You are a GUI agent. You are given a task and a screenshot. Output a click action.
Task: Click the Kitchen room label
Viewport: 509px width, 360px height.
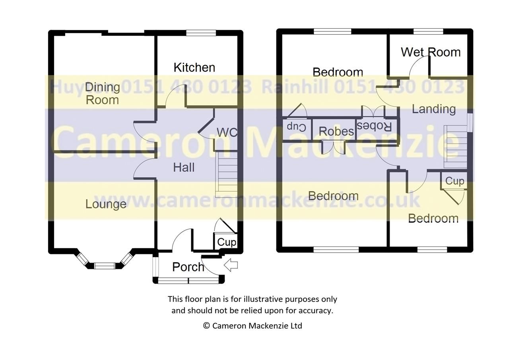point(194,68)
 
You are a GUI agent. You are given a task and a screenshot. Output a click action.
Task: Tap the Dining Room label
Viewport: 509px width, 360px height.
point(102,93)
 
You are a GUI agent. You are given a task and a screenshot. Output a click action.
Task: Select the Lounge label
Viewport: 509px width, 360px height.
point(106,204)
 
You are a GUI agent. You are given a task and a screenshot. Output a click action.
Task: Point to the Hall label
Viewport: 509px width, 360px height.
point(184,167)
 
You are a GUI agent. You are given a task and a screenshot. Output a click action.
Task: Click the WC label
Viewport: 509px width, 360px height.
point(227,132)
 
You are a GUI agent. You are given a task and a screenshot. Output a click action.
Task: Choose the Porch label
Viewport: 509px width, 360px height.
point(188,267)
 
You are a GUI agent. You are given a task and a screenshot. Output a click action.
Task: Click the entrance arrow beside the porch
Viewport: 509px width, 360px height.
point(231,265)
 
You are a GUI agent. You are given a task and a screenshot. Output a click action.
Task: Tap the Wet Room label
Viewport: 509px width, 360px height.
point(430,52)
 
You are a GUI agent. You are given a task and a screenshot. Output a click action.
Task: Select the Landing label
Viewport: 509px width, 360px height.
point(433,109)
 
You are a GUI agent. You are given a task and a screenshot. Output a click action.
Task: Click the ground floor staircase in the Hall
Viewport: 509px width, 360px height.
point(226,175)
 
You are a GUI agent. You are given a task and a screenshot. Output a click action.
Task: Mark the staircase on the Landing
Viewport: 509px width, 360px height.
point(456,147)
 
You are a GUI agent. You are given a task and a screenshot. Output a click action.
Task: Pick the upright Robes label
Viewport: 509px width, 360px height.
point(336,132)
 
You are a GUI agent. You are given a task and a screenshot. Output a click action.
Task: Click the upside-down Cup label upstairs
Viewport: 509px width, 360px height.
point(296,127)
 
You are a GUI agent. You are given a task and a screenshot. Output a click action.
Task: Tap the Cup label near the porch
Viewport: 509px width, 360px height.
point(226,242)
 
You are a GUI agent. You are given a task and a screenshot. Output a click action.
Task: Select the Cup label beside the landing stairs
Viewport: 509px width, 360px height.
point(454,181)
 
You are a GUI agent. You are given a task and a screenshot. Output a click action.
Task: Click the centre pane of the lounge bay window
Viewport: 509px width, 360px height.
point(105,265)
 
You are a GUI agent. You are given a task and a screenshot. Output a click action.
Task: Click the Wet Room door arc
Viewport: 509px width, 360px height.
point(418,64)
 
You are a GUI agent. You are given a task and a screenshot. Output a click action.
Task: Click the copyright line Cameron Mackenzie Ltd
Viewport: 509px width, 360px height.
point(253,326)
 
